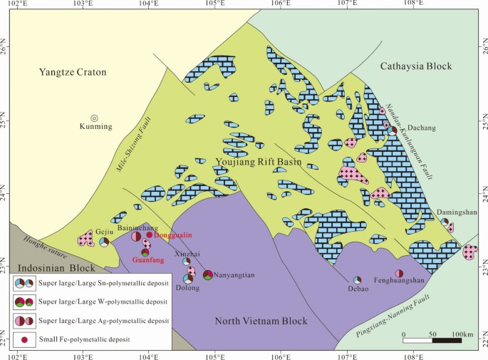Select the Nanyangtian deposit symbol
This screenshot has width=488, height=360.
[208, 275]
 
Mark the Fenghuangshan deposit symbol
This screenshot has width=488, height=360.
[400, 274]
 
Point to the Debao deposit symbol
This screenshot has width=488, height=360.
[358, 279]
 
